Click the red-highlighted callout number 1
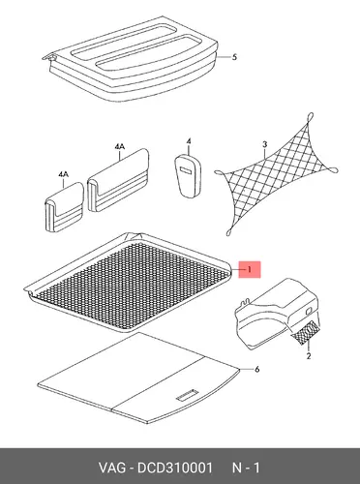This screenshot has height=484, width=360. (249, 269)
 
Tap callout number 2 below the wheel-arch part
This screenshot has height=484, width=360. (309, 356)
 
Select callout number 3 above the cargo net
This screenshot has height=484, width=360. (265, 144)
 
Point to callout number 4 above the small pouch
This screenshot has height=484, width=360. (189, 141)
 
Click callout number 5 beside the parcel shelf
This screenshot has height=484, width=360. (234, 57)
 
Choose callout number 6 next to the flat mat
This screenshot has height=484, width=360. (257, 369)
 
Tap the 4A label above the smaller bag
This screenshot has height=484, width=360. (63, 174)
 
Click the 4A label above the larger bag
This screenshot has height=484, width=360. (120, 147)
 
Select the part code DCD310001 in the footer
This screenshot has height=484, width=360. (175, 468)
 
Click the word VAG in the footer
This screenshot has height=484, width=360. (112, 468)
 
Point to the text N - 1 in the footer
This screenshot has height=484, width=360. (246, 468)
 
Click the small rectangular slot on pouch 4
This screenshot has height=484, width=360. (186, 169)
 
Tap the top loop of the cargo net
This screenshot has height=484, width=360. (311, 116)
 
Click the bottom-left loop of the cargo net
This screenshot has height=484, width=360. (229, 231)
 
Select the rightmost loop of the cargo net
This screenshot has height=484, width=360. (333, 169)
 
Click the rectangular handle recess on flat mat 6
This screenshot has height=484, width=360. (187, 395)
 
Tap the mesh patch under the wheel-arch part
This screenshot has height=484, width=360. (306, 333)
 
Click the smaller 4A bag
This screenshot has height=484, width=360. (64, 207)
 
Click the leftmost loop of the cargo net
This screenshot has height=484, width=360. (219, 173)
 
